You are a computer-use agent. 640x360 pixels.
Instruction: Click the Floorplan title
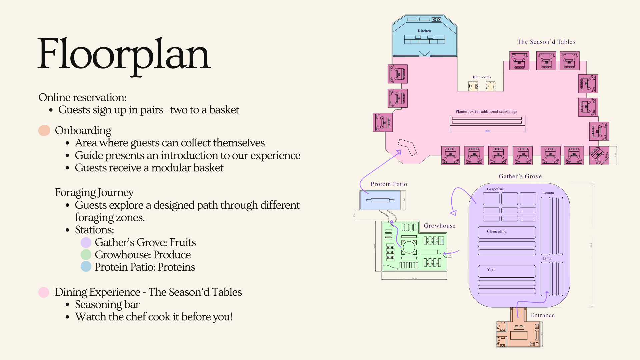point(124,54)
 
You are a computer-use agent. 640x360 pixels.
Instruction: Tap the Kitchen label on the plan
point(424,31)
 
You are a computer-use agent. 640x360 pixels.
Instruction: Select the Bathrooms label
point(482,77)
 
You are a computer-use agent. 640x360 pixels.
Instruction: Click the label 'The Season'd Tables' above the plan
point(546,42)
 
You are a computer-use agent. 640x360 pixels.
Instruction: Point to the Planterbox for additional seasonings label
point(486,111)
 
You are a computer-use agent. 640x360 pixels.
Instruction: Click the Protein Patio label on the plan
point(389,184)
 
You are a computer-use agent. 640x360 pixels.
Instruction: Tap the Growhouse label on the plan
point(439,226)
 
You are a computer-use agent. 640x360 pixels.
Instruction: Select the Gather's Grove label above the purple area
point(520,176)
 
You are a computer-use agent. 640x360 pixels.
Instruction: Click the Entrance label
point(542,315)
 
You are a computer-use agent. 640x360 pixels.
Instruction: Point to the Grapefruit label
point(495,189)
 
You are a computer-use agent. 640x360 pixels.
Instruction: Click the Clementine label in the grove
point(496,231)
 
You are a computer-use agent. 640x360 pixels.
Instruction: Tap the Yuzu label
point(491,270)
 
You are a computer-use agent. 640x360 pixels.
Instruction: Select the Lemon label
point(548,193)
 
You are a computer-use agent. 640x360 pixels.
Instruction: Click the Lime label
point(547,259)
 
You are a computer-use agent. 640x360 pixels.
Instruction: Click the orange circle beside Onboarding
point(44,130)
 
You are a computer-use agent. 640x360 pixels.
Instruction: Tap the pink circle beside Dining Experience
point(44,292)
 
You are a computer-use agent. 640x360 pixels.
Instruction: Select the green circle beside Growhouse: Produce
point(86,255)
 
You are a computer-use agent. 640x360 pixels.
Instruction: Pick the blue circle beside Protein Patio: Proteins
point(86,267)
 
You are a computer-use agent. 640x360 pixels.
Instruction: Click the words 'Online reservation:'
point(82,97)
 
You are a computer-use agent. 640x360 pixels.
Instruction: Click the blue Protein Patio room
point(380,200)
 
